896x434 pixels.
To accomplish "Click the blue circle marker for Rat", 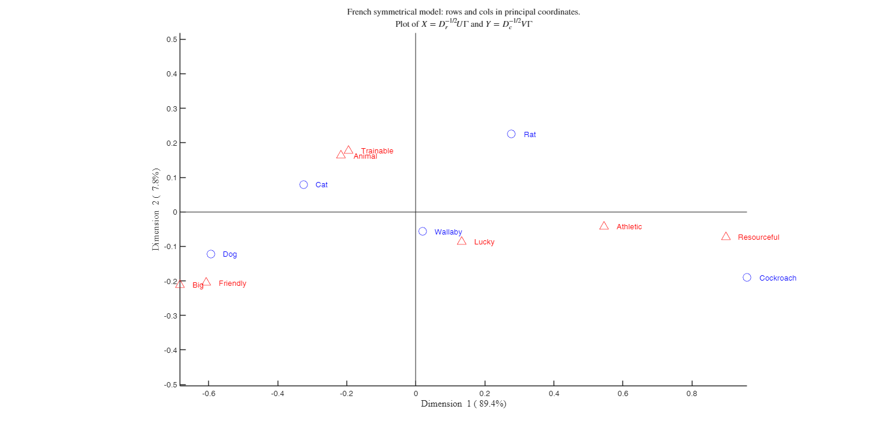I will (x=511, y=134).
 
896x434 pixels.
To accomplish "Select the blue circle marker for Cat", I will (x=303, y=185).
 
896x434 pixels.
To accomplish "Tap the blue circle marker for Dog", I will (x=211, y=254).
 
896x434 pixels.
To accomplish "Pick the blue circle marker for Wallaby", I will (x=422, y=232).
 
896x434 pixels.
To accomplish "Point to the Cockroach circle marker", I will (x=747, y=278).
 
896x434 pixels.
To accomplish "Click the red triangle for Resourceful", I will (x=726, y=236).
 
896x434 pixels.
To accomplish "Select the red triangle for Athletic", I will (x=604, y=226).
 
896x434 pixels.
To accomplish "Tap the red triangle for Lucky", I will (x=461, y=241).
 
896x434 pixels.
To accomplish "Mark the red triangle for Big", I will (x=180, y=284).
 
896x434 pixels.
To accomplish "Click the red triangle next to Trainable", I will (x=348, y=150).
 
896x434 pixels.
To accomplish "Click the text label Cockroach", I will (x=778, y=278).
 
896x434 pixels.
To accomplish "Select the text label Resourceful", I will (x=758, y=237).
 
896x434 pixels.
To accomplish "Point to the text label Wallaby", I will (x=448, y=232).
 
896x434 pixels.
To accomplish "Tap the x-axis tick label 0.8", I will (x=692, y=394).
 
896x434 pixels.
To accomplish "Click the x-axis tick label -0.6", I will (x=208, y=394).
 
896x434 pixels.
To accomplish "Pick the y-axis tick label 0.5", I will (x=171, y=39).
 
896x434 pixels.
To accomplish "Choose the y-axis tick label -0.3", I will (x=170, y=316).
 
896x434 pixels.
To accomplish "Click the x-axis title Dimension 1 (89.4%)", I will (x=463, y=404).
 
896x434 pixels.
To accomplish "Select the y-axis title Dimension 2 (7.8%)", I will (x=156, y=210).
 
